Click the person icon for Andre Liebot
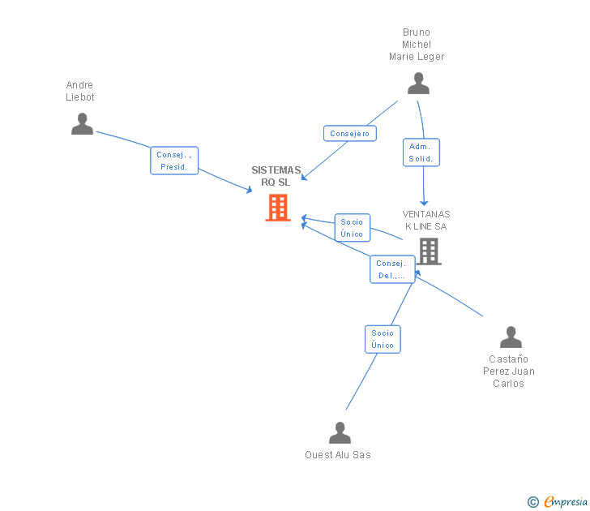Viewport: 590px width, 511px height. pyautogui.click(x=82, y=123)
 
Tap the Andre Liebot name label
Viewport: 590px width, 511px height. pyautogui.click(x=80, y=91)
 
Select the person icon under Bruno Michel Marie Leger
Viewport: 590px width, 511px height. pyautogui.click(x=418, y=83)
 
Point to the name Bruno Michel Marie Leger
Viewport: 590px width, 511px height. pyautogui.click(x=417, y=45)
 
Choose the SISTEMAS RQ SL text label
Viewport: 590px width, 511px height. pyautogui.click(x=276, y=176)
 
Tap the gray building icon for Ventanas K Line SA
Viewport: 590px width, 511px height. pyautogui.click(x=429, y=251)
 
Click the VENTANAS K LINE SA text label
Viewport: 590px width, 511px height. pyautogui.click(x=426, y=221)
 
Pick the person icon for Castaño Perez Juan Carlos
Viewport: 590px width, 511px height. pyautogui.click(x=511, y=337)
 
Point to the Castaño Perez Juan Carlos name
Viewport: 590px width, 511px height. pyautogui.click(x=509, y=371)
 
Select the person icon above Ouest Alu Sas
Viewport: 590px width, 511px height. pyautogui.click(x=340, y=432)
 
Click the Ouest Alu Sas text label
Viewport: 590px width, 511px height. pyautogui.click(x=338, y=455)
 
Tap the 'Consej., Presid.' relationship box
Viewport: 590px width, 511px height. pyautogui.click(x=174, y=161)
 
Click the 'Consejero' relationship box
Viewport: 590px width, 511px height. pyautogui.click(x=349, y=134)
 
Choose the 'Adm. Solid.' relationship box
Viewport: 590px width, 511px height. pyautogui.click(x=421, y=152)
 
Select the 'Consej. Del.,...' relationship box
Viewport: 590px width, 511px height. pyautogui.click(x=392, y=269)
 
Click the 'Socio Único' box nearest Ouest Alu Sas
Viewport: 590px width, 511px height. pyautogui.click(x=383, y=339)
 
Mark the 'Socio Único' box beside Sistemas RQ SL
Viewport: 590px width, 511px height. pyautogui.click(x=352, y=228)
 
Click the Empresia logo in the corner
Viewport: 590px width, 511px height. pyautogui.click(x=566, y=501)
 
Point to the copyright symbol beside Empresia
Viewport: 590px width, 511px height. pyautogui.click(x=533, y=502)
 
